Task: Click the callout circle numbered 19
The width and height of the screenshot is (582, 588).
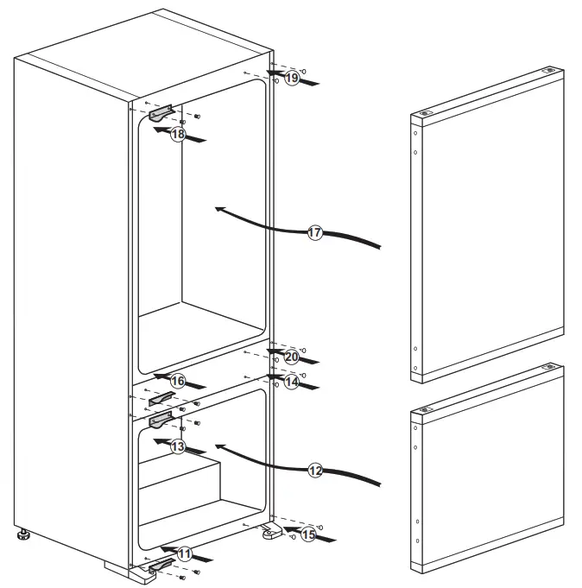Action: click(x=292, y=78)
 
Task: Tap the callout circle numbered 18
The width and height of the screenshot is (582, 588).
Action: click(x=177, y=134)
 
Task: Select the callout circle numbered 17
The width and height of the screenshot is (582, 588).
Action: click(x=314, y=232)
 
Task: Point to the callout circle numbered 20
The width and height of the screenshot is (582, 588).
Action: click(x=291, y=356)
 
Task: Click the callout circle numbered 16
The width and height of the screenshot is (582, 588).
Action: click(x=177, y=381)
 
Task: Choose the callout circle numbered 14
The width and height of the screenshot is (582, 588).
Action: click(x=291, y=380)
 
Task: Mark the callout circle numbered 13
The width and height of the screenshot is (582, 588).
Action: click(x=177, y=446)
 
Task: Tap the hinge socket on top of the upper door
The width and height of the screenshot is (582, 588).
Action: click(x=547, y=73)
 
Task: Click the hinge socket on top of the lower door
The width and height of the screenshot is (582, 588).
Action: click(x=547, y=369)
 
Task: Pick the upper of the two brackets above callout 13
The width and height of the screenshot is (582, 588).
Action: click(x=162, y=398)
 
